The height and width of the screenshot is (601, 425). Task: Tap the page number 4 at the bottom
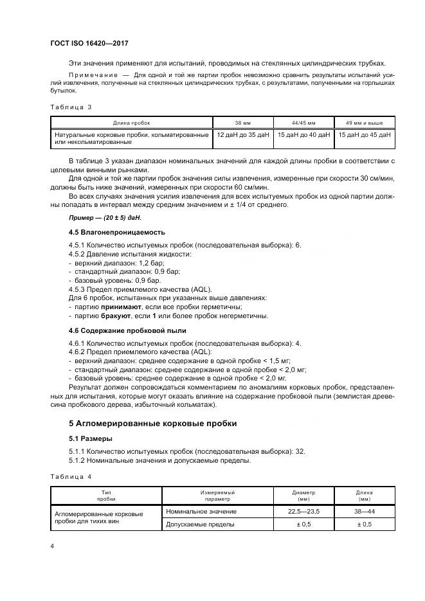click(x=51, y=546)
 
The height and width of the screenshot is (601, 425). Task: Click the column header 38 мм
click(x=242, y=122)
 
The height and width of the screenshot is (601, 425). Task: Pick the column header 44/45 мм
click(x=303, y=122)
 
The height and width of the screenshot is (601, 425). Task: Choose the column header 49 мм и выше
click(x=363, y=122)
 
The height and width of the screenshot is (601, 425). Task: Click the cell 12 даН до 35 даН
click(x=242, y=135)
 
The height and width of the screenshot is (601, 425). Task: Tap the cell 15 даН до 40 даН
click(x=303, y=135)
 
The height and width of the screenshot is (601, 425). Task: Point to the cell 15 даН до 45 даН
click(x=364, y=135)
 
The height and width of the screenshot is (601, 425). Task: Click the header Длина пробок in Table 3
click(x=131, y=122)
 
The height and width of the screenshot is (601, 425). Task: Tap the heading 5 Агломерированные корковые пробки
click(x=143, y=424)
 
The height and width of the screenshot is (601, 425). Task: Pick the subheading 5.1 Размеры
click(x=90, y=438)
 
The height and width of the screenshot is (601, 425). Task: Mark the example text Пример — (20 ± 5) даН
click(x=95, y=218)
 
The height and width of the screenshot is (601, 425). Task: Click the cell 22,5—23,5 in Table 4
click(x=305, y=512)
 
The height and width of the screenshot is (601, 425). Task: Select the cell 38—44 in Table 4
click(x=364, y=512)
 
